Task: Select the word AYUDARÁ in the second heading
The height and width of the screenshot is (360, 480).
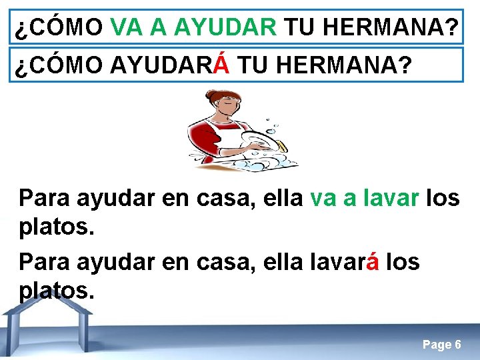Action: pos(170,65)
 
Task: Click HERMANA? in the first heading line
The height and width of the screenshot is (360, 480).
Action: pos(399,27)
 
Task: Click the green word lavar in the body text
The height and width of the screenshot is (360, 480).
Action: pos(387,198)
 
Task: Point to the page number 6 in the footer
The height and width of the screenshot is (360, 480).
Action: pos(457,345)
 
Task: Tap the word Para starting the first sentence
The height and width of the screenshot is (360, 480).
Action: pos(45,198)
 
